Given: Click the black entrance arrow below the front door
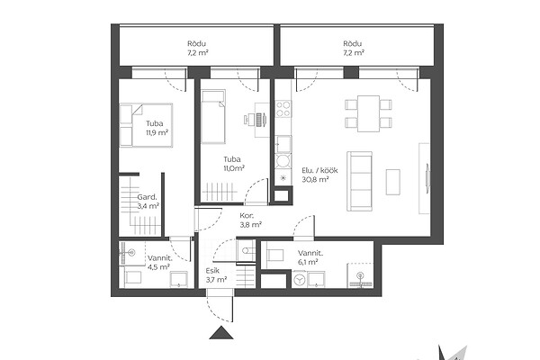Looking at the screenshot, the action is [x=221, y=333].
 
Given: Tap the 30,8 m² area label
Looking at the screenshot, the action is [x=315, y=179].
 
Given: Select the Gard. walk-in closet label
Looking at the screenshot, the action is [x=147, y=197].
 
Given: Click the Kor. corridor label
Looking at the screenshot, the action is [x=247, y=216].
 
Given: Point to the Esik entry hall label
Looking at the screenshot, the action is [x=212, y=271].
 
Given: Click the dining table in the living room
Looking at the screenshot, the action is [x=368, y=113].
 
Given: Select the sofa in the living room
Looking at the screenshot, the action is [x=359, y=181].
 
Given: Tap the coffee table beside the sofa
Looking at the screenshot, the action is [x=392, y=182].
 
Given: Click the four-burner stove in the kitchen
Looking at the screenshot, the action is [x=283, y=109].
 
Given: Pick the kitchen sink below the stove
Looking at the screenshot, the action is [x=283, y=144].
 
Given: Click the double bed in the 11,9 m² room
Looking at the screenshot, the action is [x=146, y=125].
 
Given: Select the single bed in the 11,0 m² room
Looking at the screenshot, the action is [x=213, y=117].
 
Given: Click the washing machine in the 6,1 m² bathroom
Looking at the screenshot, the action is [x=300, y=280].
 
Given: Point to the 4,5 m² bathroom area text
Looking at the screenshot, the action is [x=158, y=267].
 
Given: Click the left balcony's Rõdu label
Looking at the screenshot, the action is [x=196, y=44].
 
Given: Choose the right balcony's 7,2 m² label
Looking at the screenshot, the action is [x=353, y=53].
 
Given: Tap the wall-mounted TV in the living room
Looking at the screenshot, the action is [x=427, y=178].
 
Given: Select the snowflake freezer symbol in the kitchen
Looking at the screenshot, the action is [x=283, y=178].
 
